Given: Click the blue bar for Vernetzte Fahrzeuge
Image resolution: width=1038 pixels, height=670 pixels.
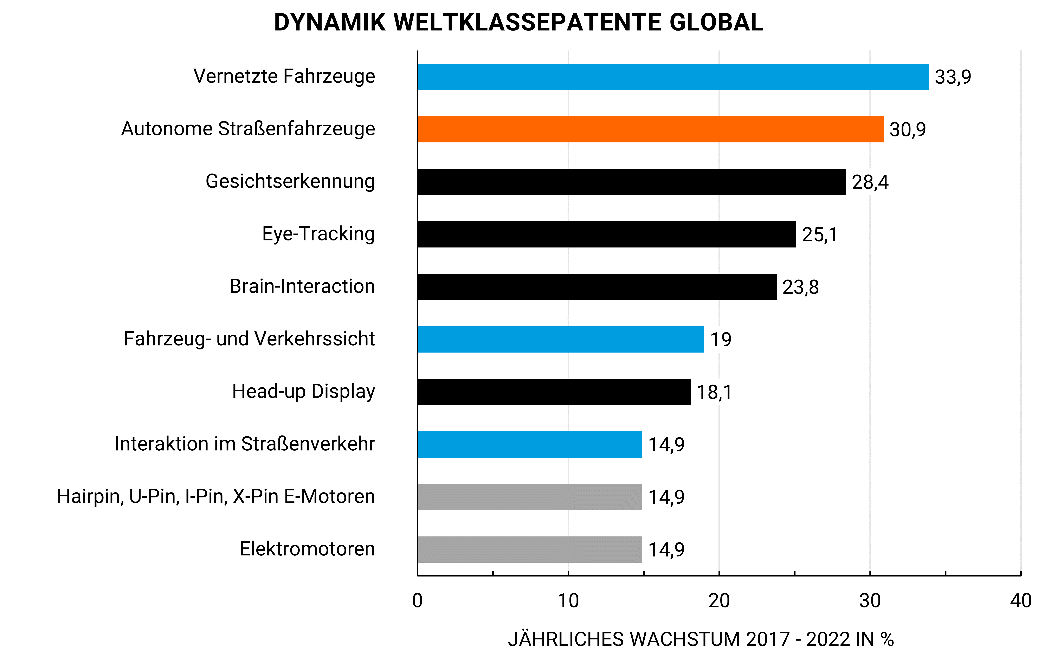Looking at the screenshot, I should point(673,77).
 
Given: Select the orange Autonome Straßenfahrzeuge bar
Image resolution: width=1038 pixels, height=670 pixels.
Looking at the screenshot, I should point(650,129).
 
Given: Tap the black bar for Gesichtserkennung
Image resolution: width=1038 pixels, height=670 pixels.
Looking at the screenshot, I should point(631,182).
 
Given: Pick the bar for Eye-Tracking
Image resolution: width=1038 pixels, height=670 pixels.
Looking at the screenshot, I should point(606,234).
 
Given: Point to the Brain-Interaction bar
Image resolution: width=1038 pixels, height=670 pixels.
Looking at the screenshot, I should point(597,287).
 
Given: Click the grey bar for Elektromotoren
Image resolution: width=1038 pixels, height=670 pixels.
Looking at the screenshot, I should point(529,549).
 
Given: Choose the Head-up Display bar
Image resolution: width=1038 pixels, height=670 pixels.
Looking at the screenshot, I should point(553,392).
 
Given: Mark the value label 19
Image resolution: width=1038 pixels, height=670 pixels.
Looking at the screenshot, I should point(720,339).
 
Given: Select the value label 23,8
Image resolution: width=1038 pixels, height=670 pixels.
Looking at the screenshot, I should point(800,287).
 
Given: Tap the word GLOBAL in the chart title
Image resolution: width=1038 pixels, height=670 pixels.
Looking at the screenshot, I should point(716,23).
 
